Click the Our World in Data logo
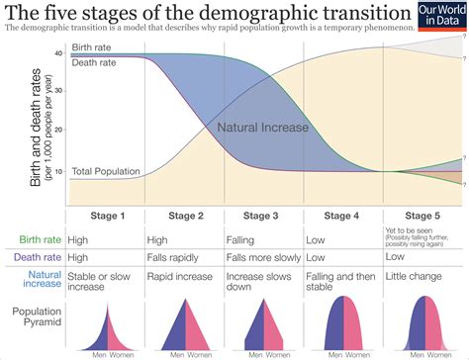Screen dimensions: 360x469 coord(442,19)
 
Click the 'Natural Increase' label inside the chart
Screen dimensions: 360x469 coord(262,127)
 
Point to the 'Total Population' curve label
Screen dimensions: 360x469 coord(105,172)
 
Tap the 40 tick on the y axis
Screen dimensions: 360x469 coord(58,53)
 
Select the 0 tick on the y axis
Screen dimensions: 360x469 coord(60,203)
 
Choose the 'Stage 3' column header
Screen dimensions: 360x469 coord(264,216)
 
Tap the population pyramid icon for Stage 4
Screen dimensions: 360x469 coord(342,326)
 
